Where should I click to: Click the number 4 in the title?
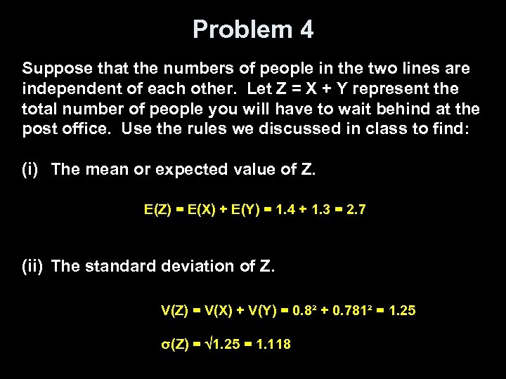click(x=306, y=29)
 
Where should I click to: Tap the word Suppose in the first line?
click(x=53, y=69)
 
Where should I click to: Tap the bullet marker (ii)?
click(x=34, y=266)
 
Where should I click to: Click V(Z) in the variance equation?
click(x=175, y=310)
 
